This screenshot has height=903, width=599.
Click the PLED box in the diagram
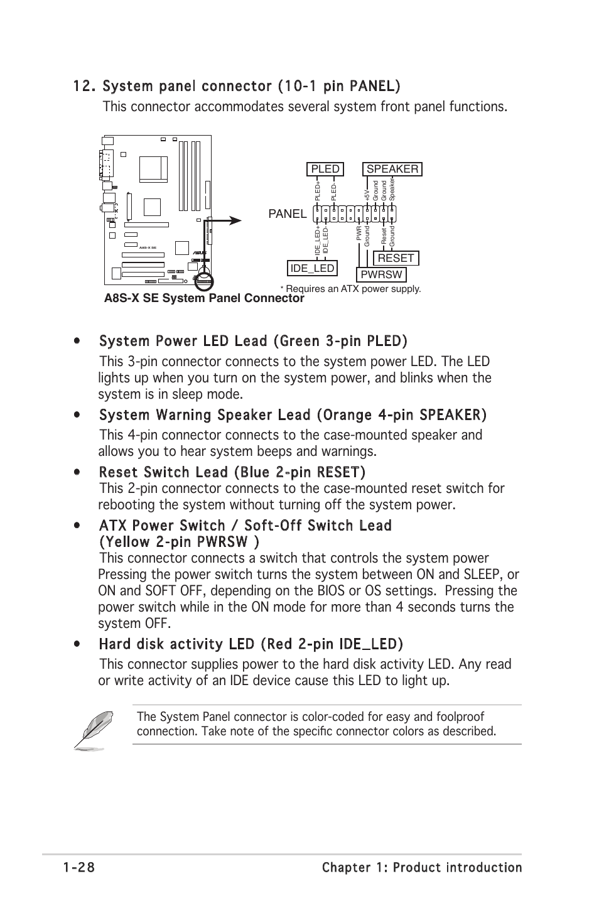325,169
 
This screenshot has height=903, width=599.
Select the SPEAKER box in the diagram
392,169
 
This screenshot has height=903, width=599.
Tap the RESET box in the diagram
396,258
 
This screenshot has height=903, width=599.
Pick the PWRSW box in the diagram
381,274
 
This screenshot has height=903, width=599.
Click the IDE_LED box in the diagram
311,268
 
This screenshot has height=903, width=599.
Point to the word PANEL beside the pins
288,214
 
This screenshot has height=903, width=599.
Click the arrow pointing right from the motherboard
226,220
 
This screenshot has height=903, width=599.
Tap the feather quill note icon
94,729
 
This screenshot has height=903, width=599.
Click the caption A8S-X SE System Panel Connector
204,298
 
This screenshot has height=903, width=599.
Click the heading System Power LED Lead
252,341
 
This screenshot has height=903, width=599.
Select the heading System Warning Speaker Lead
292,414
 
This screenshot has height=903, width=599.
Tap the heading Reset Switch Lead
232,472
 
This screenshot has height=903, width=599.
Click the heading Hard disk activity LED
251,644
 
